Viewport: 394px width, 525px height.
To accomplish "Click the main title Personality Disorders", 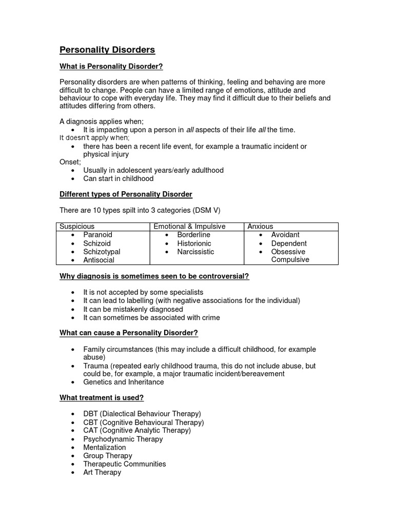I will pos(107,50).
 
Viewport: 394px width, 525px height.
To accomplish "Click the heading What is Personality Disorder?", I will pos(111,67).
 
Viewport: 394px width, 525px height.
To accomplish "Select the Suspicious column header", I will pos(77,226).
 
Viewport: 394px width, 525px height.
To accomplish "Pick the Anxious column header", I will pos(260,226).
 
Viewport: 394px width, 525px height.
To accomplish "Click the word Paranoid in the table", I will pos(97,235).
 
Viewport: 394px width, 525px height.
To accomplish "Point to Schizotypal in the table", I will pos(102,252).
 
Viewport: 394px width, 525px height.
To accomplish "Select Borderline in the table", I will pos(193,235).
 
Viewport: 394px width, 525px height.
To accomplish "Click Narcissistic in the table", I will pos(195,252).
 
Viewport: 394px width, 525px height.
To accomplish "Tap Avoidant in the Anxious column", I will pos(285,235).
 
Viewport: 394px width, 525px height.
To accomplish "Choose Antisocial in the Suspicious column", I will pos(99,260).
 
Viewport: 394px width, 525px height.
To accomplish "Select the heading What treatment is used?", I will pos(102,397).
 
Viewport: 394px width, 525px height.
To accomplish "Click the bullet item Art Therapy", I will pos(102,472).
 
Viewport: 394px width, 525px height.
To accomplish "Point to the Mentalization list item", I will pos(104,447).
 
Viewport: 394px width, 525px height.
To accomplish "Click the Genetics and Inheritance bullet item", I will pos(124,382).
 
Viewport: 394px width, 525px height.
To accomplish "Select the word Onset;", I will pos(70,162).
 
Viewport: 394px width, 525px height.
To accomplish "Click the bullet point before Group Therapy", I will pos(74,456).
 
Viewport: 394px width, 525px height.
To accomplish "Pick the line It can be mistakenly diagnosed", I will pos(133,309).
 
